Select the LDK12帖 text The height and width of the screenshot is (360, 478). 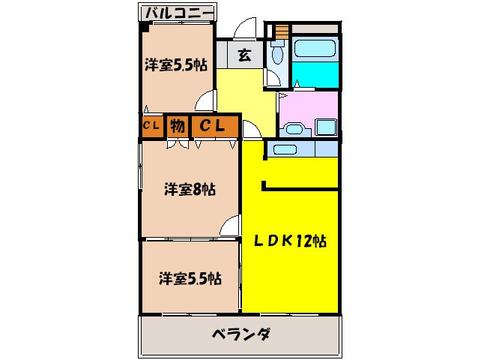(x=288, y=241)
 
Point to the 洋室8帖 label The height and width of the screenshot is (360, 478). (x=190, y=190)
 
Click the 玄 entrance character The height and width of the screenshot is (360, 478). (x=244, y=54)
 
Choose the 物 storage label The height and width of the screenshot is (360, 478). (x=177, y=127)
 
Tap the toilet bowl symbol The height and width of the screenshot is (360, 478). (x=276, y=55)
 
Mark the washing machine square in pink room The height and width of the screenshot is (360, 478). (x=327, y=127)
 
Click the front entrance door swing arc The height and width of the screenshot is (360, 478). (x=245, y=30)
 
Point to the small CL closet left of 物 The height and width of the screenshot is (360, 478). (x=151, y=127)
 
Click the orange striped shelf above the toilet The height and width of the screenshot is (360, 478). (x=282, y=32)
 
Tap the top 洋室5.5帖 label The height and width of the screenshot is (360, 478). (x=176, y=65)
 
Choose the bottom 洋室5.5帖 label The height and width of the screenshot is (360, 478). (x=189, y=278)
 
